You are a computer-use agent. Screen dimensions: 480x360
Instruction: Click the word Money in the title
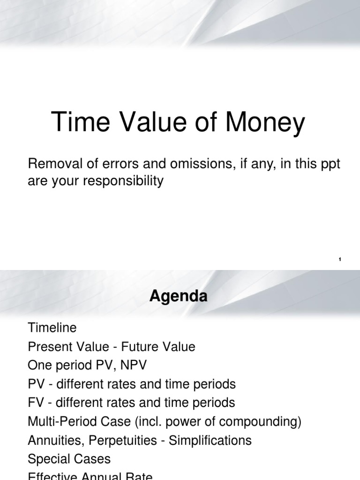(x=265, y=123)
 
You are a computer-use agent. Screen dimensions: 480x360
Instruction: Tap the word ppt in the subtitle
(x=329, y=165)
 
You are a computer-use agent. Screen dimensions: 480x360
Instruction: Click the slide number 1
(x=339, y=259)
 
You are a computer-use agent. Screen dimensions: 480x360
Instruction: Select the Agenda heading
(x=178, y=297)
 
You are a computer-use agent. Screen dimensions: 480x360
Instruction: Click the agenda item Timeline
(x=52, y=328)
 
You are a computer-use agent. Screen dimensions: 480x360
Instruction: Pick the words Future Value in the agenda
(x=158, y=347)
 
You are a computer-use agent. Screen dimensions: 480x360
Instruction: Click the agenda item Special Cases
(x=69, y=459)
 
